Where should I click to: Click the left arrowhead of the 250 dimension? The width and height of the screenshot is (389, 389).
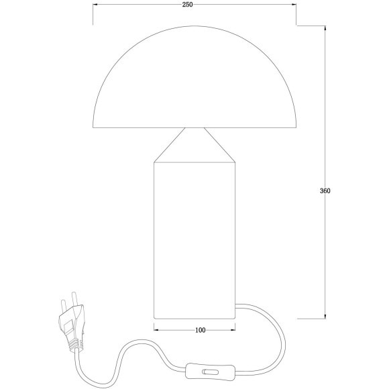point(95,5)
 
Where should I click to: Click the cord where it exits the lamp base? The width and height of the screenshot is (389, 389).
point(239,307)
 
